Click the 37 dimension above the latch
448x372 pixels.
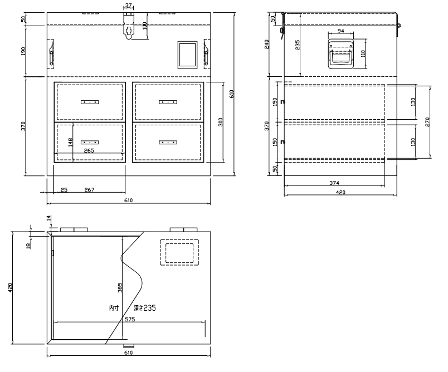coord(129,6)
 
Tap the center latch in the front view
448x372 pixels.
coord(129,26)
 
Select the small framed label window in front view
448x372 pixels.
coord(187,55)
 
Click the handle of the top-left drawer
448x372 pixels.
coord(90,102)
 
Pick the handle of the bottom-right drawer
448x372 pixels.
coord(168,142)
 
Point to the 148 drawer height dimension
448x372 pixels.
coord(70,142)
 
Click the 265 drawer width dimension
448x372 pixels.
coord(89,150)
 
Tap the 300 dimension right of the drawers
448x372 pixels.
coord(220,122)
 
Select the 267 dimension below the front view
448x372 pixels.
coord(89,189)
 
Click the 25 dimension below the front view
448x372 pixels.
coord(64,189)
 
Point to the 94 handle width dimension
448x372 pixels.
coord(340,31)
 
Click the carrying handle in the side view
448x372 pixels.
coord(340,53)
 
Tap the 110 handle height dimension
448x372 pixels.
coord(363,53)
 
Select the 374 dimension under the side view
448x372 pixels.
coord(334,183)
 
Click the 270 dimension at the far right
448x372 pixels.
coord(427,122)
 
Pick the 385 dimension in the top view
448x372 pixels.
coord(120,287)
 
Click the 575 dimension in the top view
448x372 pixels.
coord(130,320)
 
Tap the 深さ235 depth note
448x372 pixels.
coord(145,308)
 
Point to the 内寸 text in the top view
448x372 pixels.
coord(114,308)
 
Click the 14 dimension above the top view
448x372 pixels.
coord(48,218)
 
